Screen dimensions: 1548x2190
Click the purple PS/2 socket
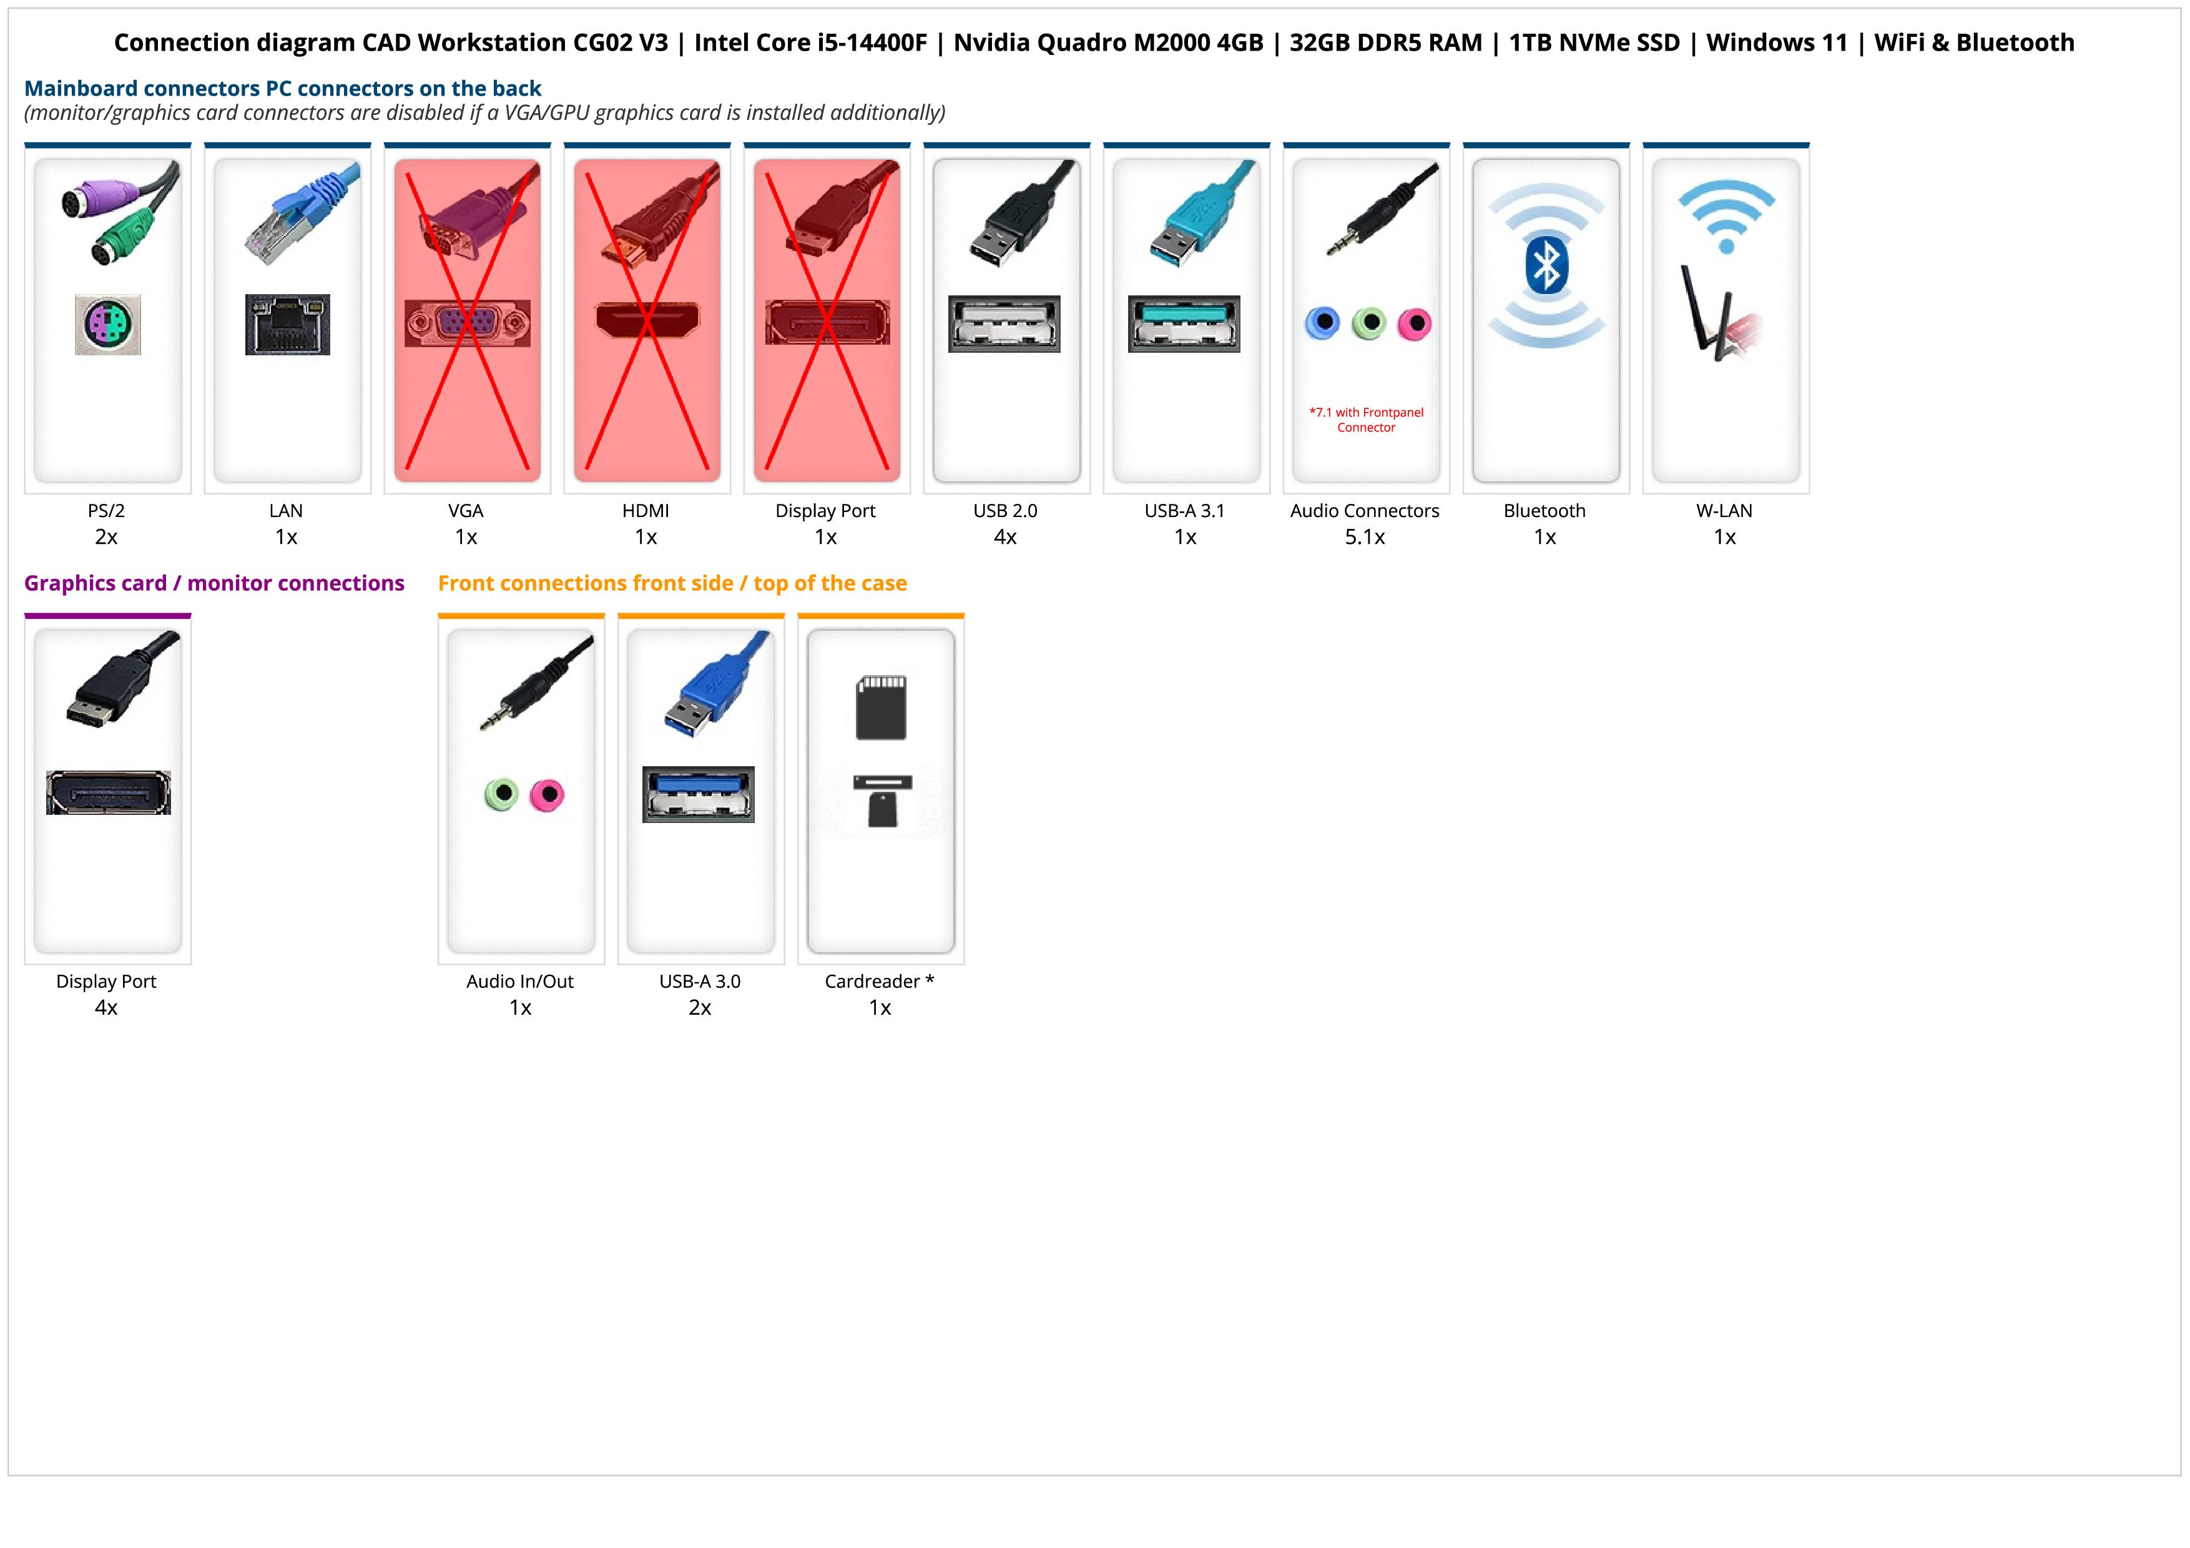(x=108, y=324)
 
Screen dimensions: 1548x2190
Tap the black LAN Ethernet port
(x=287, y=324)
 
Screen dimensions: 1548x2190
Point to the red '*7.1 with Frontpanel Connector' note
(x=1366, y=420)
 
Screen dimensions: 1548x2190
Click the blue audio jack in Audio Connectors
(x=1322, y=323)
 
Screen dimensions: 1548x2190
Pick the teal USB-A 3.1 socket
(x=1184, y=323)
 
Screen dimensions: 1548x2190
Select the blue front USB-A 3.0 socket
(x=698, y=794)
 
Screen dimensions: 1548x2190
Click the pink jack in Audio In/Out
(x=546, y=794)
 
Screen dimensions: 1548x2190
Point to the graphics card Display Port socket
(x=108, y=792)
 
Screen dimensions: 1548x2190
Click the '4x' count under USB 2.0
(x=1005, y=537)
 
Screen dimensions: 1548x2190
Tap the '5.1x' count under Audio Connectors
(x=1365, y=537)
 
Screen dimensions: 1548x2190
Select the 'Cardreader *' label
(x=880, y=982)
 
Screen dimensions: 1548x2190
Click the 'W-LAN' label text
(x=1724, y=510)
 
